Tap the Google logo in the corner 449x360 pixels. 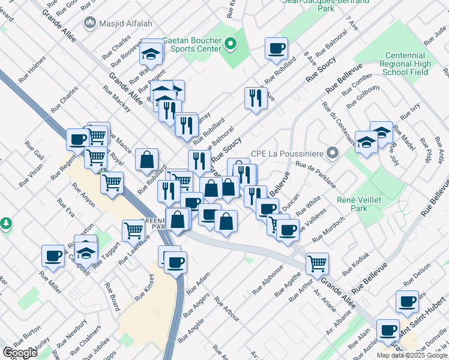tap(20, 353)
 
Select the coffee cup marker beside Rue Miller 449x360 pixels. tap(53, 256)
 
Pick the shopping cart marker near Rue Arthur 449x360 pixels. tap(316, 262)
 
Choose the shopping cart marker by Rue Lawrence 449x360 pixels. tap(133, 230)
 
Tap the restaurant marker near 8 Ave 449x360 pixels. tap(256, 98)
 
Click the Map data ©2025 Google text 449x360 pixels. tap(412, 355)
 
